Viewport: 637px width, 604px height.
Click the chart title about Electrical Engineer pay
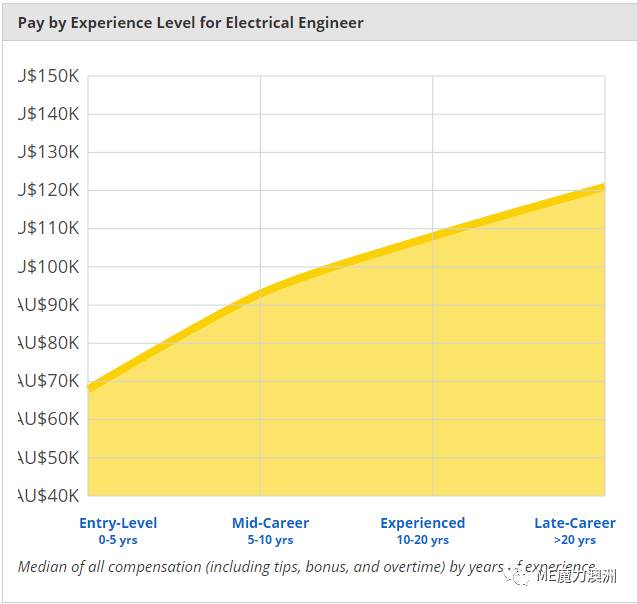point(190,22)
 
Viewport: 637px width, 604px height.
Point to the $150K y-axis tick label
point(49,76)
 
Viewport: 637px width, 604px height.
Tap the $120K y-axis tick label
point(49,190)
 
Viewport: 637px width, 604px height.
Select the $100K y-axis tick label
point(49,266)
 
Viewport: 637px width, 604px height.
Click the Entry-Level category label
point(118,523)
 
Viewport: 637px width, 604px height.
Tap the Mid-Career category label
point(270,523)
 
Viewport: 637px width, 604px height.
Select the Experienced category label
point(423,523)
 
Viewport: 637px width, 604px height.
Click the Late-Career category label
point(575,523)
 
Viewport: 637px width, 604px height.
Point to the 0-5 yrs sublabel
point(118,540)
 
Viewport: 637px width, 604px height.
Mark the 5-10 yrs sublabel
point(270,540)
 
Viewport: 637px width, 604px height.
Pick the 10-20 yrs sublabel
point(423,540)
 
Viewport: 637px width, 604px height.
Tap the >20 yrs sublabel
point(574,540)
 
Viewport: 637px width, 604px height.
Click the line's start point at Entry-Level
point(90,387)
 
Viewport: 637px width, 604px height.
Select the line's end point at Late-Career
point(604,185)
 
